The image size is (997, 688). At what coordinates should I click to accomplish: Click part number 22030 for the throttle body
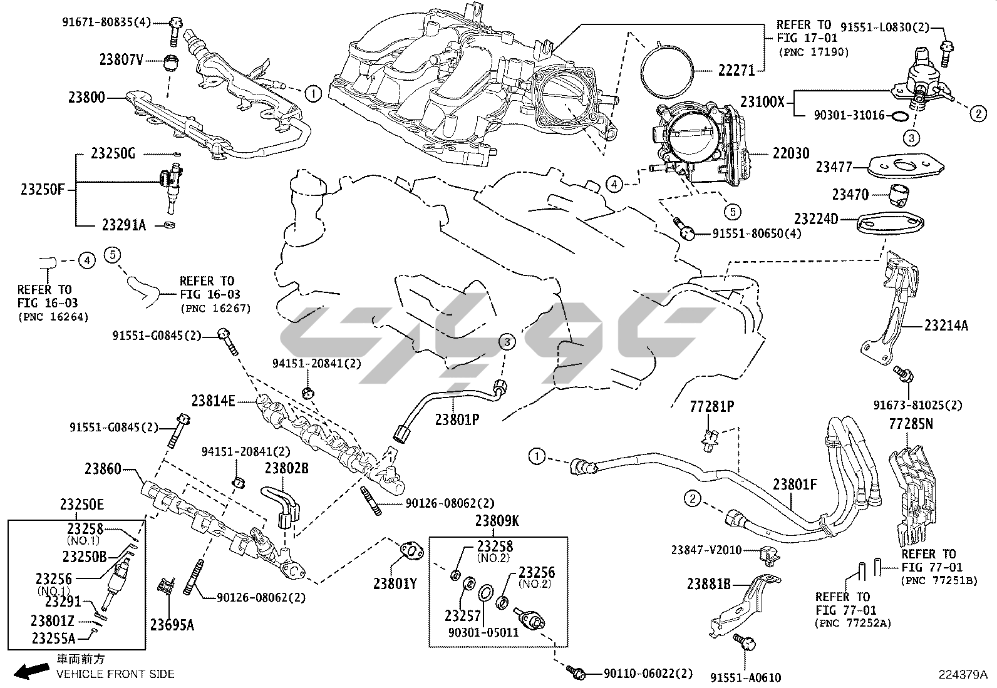point(791,153)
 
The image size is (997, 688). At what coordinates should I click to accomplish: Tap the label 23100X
point(762,101)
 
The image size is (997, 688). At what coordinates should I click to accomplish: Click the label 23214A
point(946,326)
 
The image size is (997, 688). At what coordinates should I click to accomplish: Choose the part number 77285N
point(911,424)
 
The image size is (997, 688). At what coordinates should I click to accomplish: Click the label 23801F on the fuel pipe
point(795,484)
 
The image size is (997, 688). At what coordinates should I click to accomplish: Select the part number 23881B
point(709,584)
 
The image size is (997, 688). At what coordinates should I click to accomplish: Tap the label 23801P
point(457,419)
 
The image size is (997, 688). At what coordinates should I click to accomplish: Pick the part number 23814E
point(214,401)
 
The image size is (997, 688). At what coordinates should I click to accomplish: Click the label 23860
point(103,469)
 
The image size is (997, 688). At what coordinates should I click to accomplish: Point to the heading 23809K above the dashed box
point(497,520)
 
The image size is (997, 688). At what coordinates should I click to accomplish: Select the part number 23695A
point(172,624)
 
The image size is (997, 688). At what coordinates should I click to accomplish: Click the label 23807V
point(121,60)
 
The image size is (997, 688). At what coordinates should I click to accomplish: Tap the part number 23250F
point(43,189)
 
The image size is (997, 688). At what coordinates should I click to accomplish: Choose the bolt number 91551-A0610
point(746,677)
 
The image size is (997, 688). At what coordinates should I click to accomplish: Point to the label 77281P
point(711,407)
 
